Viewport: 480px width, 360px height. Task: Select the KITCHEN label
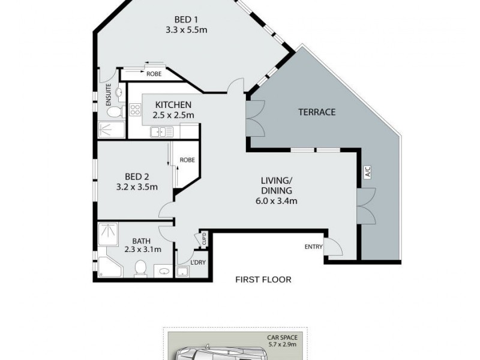point(173,104)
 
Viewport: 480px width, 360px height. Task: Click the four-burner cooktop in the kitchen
point(134,110)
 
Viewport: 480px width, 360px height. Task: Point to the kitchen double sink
point(162,131)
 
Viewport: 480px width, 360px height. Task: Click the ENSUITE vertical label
point(109,95)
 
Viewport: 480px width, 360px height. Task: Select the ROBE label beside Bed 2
point(187,160)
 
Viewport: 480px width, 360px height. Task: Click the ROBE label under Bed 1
point(154,74)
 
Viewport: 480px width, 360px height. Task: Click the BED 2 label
point(137,176)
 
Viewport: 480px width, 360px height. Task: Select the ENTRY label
point(314,247)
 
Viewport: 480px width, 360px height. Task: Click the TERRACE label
point(316,112)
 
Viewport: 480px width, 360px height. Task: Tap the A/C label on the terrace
point(368,172)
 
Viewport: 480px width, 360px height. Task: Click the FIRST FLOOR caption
point(263,279)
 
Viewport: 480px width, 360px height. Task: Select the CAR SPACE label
point(283,338)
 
